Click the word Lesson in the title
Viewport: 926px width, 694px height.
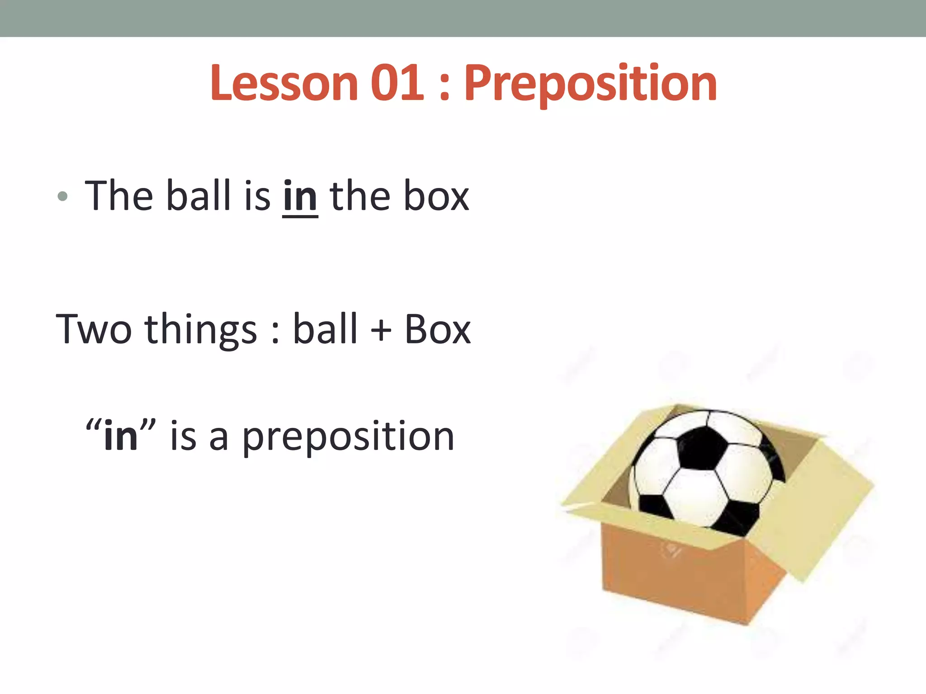[284, 84]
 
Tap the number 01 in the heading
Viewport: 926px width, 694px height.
[397, 84]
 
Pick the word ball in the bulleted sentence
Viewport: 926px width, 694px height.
[198, 195]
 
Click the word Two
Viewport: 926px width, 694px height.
[94, 329]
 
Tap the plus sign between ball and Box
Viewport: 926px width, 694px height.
[381, 330]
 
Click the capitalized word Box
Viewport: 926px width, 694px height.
[437, 329]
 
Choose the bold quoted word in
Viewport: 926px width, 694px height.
[120, 436]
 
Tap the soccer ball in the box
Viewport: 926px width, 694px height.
[705, 470]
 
